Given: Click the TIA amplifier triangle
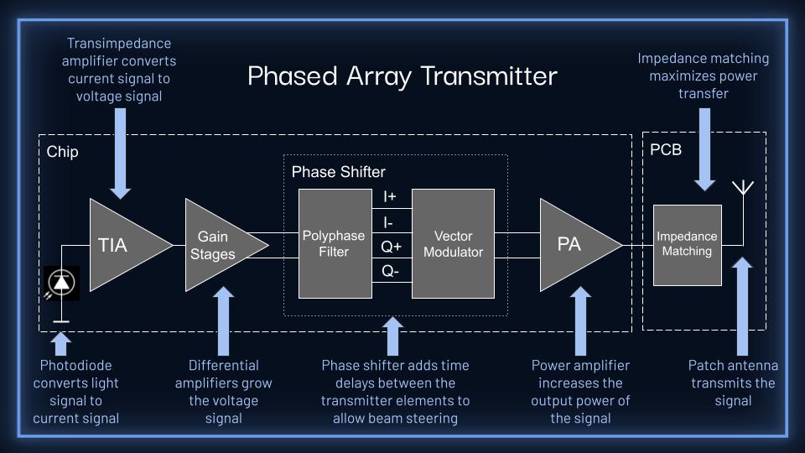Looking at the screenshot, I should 122,244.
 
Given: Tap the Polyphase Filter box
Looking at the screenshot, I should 334,243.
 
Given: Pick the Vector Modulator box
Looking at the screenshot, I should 453,243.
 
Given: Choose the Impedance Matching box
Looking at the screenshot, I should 687,244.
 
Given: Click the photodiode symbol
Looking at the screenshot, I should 61,284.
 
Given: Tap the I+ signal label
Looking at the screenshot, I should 390,196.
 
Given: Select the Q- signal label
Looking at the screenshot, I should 391,272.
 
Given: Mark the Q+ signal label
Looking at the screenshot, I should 391,247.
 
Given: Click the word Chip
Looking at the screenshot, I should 62,152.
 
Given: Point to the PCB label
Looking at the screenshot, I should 666,150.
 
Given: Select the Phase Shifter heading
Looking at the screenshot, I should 338,172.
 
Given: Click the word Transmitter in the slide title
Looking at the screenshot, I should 489,76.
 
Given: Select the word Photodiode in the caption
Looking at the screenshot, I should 75,366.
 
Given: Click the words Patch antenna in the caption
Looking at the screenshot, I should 733,366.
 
